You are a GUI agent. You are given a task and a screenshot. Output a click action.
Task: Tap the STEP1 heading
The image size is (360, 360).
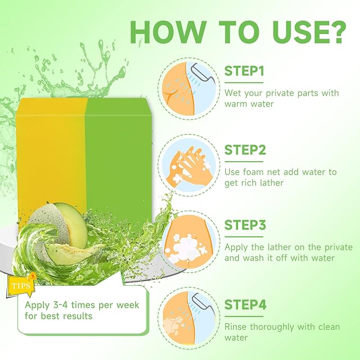pyautogui.click(x=244, y=71)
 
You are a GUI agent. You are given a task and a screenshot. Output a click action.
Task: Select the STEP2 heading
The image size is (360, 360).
pyautogui.click(x=245, y=150)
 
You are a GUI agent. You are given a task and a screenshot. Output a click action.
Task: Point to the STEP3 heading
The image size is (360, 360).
pyautogui.click(x=245, y=225)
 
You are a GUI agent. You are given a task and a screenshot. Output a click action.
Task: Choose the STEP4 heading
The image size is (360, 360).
pyautogui.click(x=245, y=305)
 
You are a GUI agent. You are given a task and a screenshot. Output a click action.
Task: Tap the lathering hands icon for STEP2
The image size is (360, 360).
pyautogui.click(x=189, y=165)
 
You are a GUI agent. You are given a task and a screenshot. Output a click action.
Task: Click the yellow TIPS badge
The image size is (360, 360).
pyautogui.click(x=21, y=285)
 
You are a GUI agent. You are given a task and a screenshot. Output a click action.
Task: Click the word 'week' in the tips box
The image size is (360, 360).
pyautogui.click(x=128, y=305)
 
